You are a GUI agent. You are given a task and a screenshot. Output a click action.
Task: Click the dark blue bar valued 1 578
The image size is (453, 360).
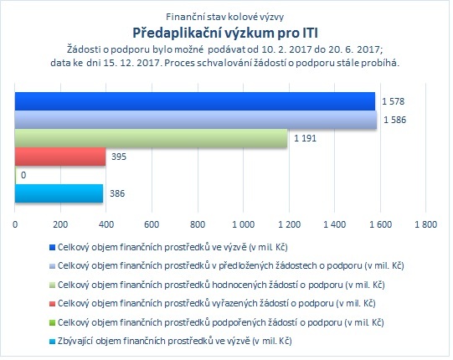click(195, 101)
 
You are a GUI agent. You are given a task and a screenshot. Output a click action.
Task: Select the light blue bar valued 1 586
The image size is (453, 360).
click(196, 120)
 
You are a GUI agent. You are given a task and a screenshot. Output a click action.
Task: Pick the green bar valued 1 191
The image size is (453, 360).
click(151, 138)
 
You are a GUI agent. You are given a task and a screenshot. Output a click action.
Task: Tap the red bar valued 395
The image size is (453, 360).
click(60, 157)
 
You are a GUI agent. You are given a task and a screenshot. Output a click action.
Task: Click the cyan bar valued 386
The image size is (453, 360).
click(59, 193)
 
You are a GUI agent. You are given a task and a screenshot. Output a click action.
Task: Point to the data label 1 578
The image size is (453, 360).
click(394, 101)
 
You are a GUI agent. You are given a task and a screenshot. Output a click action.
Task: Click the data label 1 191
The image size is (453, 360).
click(305, 138)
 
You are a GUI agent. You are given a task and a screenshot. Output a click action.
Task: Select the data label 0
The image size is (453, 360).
click(23, 175)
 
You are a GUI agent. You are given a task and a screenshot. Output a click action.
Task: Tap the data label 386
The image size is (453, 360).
click(117, 193)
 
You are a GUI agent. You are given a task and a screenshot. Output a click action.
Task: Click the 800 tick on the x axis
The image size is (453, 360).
click(198, 224)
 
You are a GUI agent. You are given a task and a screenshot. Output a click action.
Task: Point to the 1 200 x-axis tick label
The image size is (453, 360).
click(289, 224)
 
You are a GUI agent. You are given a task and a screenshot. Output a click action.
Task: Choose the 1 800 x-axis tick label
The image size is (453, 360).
click(426, 224)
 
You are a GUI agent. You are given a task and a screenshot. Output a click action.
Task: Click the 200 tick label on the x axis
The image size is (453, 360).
click(60, 224)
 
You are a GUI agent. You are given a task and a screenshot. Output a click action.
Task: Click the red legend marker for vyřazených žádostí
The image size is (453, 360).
click(52, 304)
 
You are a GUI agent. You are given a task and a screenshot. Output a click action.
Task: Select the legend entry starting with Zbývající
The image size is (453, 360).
click(171, 342)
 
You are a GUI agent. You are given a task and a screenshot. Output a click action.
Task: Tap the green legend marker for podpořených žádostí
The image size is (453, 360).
click(52, 322)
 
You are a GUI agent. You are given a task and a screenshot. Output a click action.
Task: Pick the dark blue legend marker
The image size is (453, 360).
click(52, 248)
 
